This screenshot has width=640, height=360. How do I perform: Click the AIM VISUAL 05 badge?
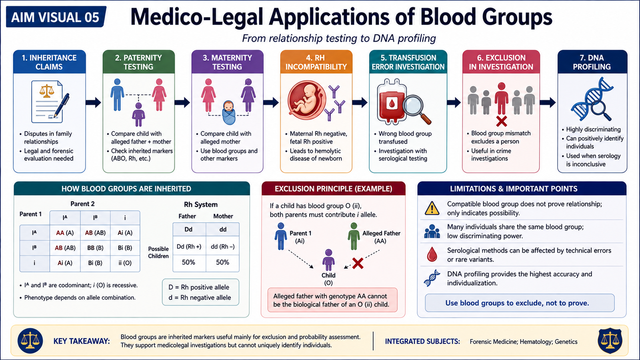[x=56, y=17]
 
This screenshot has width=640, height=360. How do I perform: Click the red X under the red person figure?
[x=502, y=122]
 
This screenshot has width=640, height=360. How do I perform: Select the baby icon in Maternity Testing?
[x=228, y=112]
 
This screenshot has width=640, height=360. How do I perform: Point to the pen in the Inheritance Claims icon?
[x=62, y=106]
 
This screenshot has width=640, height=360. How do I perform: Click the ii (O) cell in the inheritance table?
[x=125, y=263]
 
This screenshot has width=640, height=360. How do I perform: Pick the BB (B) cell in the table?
[x=95, y=248]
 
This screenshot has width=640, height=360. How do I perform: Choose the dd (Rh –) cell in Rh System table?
[x=222, y=246]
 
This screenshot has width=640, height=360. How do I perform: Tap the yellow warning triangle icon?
[x=432, y=208]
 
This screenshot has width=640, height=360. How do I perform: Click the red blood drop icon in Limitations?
[x=432, y=254]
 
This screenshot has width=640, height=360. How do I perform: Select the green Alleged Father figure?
[x=354, y=236]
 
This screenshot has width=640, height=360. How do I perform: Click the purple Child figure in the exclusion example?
[x=328, y=260]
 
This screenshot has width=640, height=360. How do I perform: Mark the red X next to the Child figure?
[x=358, y=264]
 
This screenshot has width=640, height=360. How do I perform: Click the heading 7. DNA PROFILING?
[x=592, y=62]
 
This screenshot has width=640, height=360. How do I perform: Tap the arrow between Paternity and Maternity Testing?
[x=182, y=102]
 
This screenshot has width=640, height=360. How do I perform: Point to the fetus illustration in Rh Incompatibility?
[x=307, y=100]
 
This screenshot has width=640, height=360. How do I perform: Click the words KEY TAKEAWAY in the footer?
[x=82, y=341]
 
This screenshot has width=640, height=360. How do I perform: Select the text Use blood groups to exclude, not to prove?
[x=517, y=303]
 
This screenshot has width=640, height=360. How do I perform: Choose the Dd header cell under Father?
[x=188, y=230]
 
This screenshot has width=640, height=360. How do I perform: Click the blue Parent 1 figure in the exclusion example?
[x=280, y=236]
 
